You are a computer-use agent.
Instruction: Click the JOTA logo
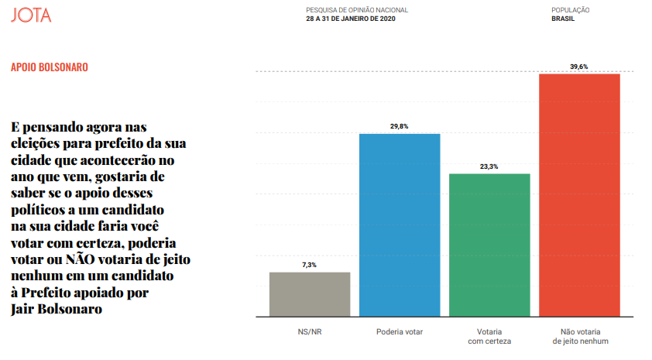coord(31,15)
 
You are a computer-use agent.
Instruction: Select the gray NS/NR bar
coord(309,295)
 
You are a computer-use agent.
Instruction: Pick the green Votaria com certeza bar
coord(489,246)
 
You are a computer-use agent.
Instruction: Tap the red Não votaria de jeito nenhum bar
coord(579,196)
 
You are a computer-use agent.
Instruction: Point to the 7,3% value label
coord(309,266)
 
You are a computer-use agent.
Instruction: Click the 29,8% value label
coord(400,127)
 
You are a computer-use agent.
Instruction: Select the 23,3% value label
coord(489,166)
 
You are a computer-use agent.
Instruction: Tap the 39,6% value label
coord(579,67)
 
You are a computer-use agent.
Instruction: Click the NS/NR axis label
coord(309,331)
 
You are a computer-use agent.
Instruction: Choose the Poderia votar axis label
coord(400,331)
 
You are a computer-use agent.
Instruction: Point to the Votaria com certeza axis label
coord(489,336)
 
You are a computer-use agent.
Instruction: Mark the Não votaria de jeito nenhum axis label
coord(579,336)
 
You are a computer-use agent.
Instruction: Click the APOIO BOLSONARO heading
coord(50,67)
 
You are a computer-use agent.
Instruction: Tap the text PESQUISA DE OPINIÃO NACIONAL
coord(356,10)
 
